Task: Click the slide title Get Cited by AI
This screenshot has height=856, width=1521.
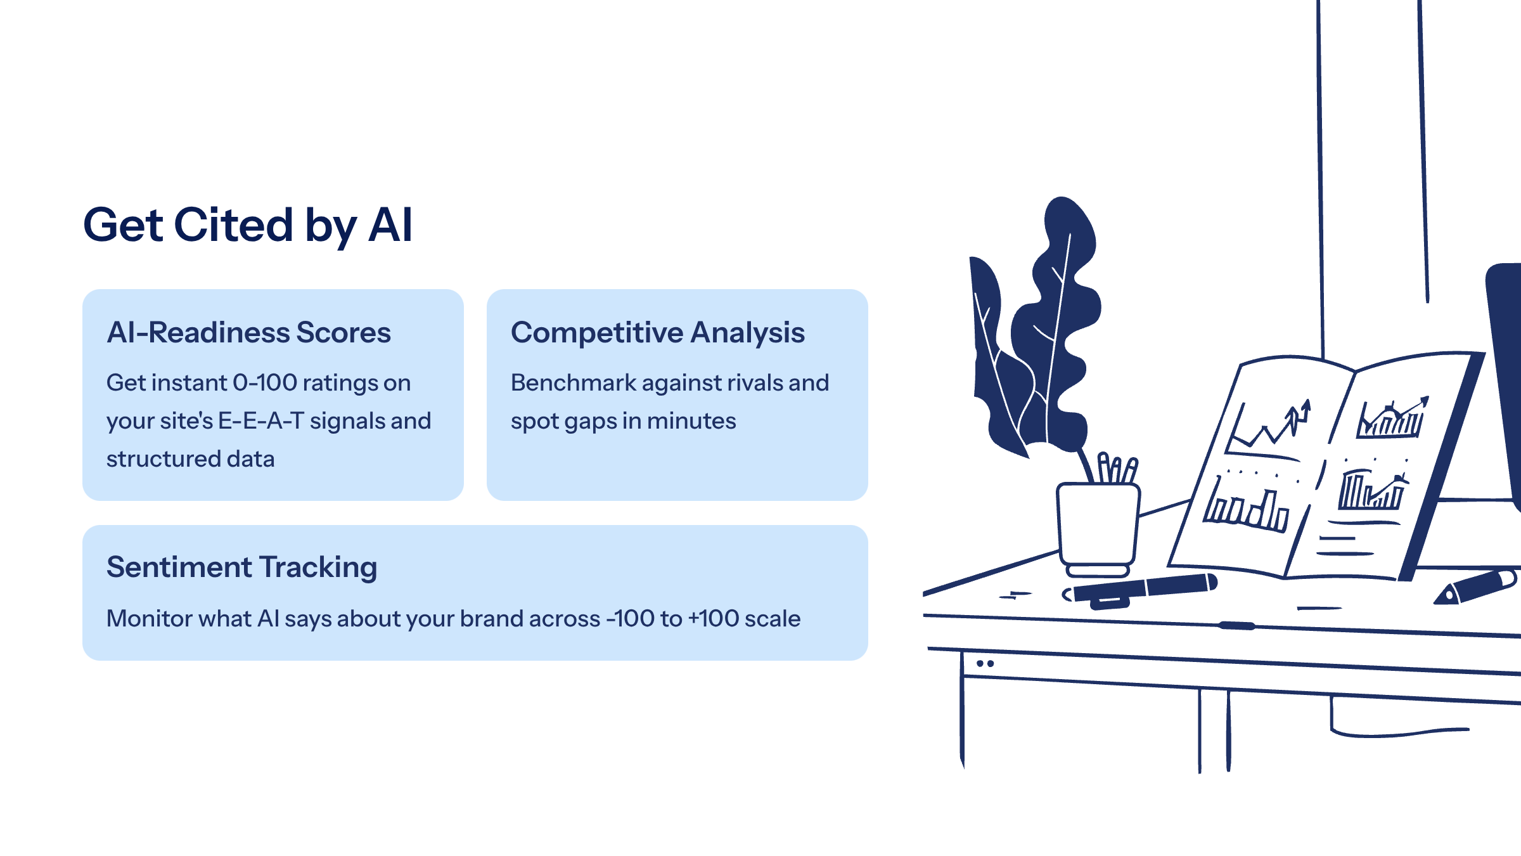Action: tap(248, 226)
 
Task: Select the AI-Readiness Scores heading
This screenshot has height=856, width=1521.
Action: tap(249, 332)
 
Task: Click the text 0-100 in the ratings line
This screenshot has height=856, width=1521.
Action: tap(265, 382)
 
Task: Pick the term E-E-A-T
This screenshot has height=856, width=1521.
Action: tap(261, 420)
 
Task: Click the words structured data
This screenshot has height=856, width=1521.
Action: tap(191, 458)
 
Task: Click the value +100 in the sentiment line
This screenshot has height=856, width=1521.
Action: tap(714, 618)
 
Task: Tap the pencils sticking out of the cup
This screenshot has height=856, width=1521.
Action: tap(1117, 467)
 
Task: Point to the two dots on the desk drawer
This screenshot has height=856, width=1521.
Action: tap(985, 663)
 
